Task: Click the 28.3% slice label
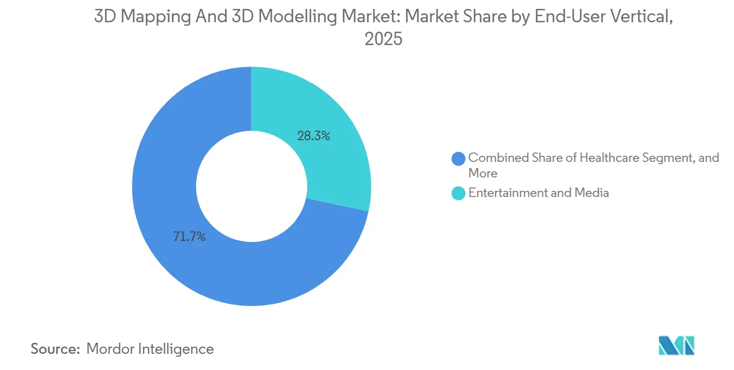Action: pos(314,135)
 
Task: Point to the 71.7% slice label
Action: pos(189,237)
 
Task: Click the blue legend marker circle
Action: pos(459,159)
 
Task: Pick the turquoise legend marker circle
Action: pos(459,193)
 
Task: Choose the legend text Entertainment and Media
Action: pos(538,193)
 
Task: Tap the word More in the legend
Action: pos(483,173)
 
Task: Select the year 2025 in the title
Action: pos(383,40)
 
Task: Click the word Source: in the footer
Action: pos(55,349)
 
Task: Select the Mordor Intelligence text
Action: pos(150,349)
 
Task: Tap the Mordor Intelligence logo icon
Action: pos(676,346)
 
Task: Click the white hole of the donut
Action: pos(251,186)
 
